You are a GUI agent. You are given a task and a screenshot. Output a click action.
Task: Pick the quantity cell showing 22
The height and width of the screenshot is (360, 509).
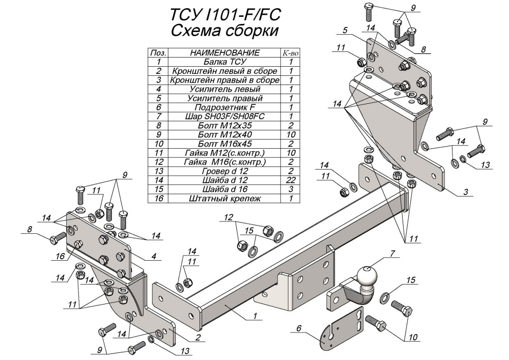290,180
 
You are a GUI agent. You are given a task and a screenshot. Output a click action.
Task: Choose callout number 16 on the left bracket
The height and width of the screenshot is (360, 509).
60,256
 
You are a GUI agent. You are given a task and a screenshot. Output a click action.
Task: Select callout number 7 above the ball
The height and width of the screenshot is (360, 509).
392,253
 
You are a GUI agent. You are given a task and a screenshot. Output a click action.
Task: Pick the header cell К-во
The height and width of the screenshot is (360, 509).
290,52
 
